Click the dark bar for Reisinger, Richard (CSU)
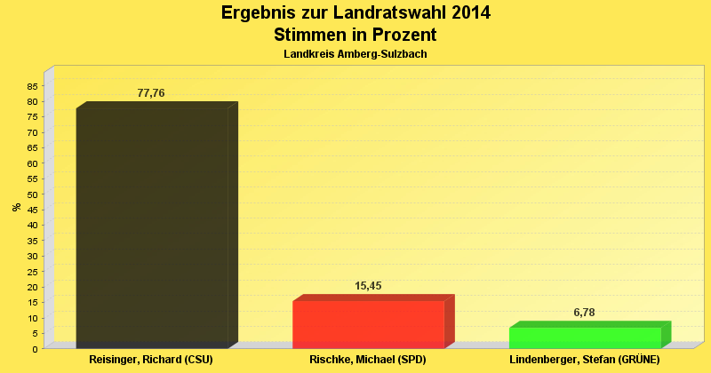(x=152, y=226)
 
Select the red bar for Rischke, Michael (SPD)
(x=368, y=324)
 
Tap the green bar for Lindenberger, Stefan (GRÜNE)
(x=585, y=337)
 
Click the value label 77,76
(x=151, y=93)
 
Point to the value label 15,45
(x=368, y=286)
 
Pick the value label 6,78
(x=584, y=313)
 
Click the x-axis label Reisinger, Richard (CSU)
(x=151, y=361)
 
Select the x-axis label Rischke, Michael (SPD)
(x=368, y=361)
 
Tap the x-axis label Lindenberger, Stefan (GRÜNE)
(x=584, y=361)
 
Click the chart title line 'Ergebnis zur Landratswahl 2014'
(x=355, y=13)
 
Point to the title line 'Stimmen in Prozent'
(x=355, y=36)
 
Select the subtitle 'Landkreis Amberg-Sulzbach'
(x=355, y=55)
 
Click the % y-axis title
(x=16, y=207)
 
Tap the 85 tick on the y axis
(x=32, y=86)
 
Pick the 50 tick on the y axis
(x=32, y=194)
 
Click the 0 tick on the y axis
(x=35, y=349)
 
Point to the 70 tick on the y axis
(x=32, y=132)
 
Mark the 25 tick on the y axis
(x=32, y=272)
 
